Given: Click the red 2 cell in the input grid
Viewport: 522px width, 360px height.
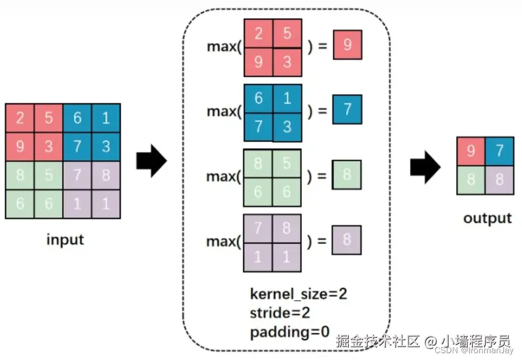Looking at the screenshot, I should [x=20, y=118].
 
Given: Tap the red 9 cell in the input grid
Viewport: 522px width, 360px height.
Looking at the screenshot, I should [x=20, y=147].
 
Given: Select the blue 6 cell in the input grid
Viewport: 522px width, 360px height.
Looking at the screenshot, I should [x=77, y=118].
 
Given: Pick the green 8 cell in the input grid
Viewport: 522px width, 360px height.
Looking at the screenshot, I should [x=20, y=175].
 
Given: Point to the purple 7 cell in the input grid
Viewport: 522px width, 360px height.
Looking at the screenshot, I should [x=77, y=175].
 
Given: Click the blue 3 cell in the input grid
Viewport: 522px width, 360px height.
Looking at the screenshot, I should [x=106, y=147].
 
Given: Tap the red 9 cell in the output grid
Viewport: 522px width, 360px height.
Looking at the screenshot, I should [x=471, y=151].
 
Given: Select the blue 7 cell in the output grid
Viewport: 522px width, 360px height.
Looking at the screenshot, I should [x=499, y=151].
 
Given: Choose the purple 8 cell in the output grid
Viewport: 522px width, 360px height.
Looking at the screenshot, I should [x=499, y=180].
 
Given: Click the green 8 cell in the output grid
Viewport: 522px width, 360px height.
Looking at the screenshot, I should [x=471, y=180].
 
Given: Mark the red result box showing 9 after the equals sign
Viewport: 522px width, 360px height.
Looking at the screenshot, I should [x=347, y=45].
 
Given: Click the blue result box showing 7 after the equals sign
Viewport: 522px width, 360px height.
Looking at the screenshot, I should [x=347, y=109].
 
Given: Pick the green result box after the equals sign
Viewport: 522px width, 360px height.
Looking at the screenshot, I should [x=346, y=175].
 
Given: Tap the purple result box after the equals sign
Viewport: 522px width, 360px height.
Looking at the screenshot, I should [x=346, y=240].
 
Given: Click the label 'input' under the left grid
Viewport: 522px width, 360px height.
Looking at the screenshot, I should [x=65, y=240].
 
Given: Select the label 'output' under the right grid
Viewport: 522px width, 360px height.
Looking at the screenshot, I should [x=488, y=218].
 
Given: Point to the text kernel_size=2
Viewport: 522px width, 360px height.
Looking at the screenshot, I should [x=299, y=294].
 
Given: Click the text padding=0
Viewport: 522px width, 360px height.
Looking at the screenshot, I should [x=289, y=332].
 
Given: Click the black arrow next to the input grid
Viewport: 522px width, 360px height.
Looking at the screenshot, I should [x=151, y=161].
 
